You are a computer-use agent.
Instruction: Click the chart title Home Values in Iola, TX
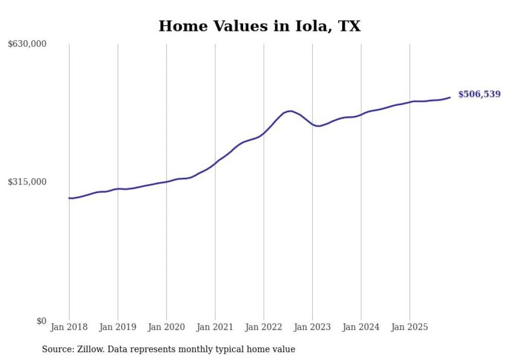point(259,26)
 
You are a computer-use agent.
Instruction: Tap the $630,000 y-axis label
point(27,44)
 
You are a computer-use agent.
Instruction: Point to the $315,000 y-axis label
point(27,182)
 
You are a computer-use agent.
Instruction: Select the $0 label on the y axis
point(41,321)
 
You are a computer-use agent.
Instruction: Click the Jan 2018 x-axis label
point(69,327)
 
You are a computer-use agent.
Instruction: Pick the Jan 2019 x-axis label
point(117,327)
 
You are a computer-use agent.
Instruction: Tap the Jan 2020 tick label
point(166,327)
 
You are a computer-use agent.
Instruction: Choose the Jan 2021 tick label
point(215,327)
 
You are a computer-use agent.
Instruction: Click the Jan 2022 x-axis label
point(264,327)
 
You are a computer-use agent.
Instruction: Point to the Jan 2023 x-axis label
point(312,327)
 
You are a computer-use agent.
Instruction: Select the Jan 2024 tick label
point(361,327)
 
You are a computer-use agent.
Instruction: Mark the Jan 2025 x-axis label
point(410,327)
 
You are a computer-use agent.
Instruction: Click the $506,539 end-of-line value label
point(479,94)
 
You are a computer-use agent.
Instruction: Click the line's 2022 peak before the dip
point(291,111)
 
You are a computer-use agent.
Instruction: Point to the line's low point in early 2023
point(319,126)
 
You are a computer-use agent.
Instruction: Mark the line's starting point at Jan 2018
point(70,198)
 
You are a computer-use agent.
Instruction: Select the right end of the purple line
point(450,97)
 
